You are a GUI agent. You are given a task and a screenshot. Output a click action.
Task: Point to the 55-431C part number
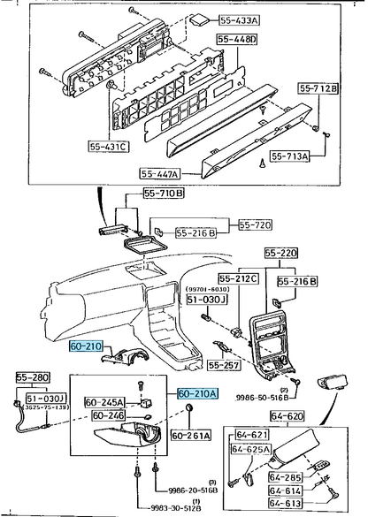[109, 145]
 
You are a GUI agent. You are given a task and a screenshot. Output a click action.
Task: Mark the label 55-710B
[162, 194]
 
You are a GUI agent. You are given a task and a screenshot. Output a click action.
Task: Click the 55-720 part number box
[257, 225]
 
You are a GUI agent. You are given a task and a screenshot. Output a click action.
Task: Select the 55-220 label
[282, 252]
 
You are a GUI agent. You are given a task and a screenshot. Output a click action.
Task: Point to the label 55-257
[226, 364]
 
